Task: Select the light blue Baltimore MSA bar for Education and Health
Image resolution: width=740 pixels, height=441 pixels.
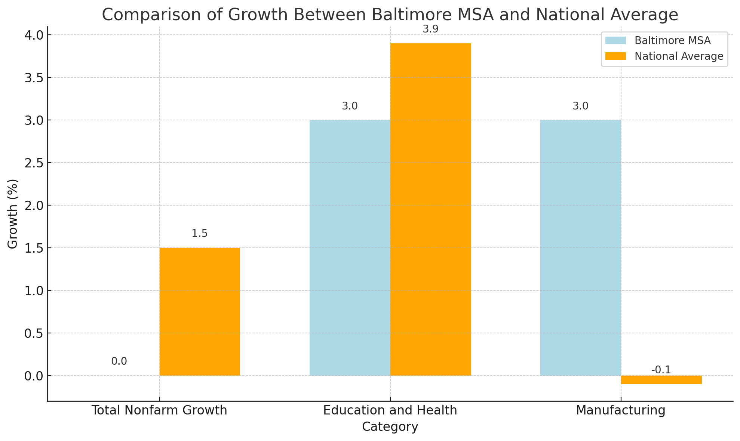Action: click(350, 247)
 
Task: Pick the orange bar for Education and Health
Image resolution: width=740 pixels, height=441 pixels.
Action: click(430, 209)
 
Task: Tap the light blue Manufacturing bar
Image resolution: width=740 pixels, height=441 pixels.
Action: click(580, 247)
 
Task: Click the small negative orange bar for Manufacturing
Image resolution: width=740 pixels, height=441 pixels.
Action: click(661, 380)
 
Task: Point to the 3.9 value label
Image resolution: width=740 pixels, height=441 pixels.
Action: click(430, 29)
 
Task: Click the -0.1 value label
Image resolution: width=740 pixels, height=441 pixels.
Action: click(661, 370)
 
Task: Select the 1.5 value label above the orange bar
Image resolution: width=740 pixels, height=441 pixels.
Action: click(199, 234)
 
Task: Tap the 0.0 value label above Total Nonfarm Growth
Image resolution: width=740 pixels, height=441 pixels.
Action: click(119, 361)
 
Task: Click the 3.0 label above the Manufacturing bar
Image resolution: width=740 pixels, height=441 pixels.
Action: click(580, 106)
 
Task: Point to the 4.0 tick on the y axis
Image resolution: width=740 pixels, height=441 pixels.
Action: click(34, 35)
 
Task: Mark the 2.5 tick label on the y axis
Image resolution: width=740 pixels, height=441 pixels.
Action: click(34, 163)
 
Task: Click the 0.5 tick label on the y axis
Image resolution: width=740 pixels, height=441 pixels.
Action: click(34, 333)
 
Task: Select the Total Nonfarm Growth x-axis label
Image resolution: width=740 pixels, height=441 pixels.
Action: click(159, 410)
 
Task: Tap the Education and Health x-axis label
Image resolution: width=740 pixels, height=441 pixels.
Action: click(390, 410)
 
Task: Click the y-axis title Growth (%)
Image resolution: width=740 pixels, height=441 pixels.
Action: click(13, 214)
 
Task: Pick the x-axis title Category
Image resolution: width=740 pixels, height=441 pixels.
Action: click(390, 427)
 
